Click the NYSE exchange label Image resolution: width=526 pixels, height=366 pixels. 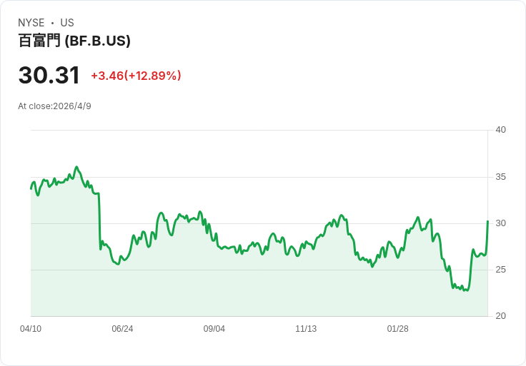coord(31,23)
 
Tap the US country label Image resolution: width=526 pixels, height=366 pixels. coord(67,23)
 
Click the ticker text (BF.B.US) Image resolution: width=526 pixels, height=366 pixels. coord(98,41)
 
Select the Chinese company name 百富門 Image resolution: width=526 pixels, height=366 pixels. coord(39,41)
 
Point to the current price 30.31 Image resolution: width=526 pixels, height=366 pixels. coord(49,75)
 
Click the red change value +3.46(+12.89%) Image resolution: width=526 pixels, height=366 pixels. coord(136,76)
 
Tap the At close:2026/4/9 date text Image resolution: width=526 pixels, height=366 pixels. coord(55,106)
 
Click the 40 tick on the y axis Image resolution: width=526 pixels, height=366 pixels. coord(500,130)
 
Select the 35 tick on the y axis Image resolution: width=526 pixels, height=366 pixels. coord(500,177)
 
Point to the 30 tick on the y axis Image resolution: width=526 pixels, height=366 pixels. coord(500,223)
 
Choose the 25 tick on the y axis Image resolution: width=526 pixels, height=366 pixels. coord(500,270)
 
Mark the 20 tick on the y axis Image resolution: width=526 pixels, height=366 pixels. coord(500,316)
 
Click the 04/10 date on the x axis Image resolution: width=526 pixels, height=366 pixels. coord(31,329)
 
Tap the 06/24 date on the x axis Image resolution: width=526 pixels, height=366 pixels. coord(122,329)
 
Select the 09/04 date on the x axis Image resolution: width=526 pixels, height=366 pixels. coord(214,329)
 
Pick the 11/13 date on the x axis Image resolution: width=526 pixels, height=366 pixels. coord(306,329)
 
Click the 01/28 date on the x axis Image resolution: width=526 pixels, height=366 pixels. coord(398,329)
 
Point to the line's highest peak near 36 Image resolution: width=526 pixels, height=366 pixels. coord(76,167)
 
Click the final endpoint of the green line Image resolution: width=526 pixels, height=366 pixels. coord(487,221)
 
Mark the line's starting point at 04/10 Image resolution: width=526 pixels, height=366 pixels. coord(31,189)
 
